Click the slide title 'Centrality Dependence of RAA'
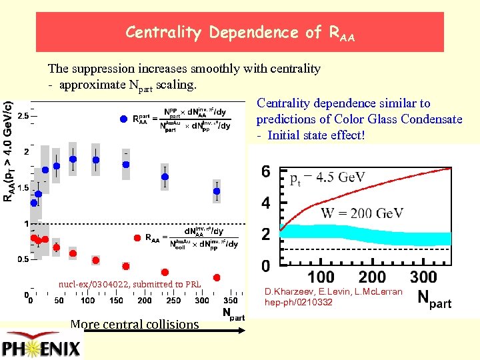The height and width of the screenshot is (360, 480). coord(240,32)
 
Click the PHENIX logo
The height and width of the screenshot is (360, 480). coord(41,347)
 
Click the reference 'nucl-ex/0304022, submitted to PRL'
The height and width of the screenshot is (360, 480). coord(130,284)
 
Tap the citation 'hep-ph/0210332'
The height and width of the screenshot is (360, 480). coord(298,302)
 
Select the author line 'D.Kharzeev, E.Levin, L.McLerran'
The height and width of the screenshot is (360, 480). coord(333,292)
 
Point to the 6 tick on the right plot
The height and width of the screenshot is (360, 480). coord(265,172)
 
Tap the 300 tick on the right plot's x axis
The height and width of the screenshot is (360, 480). coord(423,276)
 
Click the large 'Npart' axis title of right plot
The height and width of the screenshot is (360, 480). coord(434,300)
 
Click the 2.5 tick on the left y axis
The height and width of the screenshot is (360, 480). coord(22,116)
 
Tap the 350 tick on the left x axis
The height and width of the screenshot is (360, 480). coord(232,301)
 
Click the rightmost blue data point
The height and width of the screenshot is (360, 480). coord(217,192)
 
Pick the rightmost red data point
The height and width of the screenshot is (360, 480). coord(217,277)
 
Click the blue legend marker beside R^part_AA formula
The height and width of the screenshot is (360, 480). coord(123,119)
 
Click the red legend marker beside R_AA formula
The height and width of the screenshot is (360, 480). coord(136,237)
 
